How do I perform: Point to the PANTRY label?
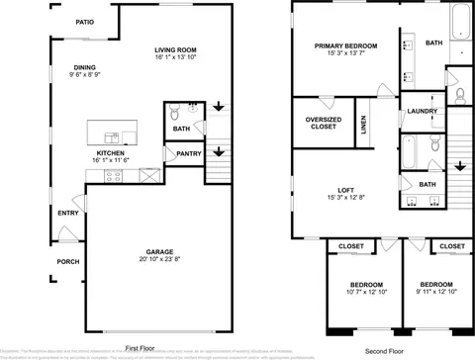click(x=189, y=153)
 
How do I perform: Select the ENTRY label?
click(x=68, y=213)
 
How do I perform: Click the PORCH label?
click(x=68, y=262)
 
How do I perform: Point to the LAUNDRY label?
click(x=423, y=112)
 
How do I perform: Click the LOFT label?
click(x=345, y=190)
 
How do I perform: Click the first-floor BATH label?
click(x=181, y=129)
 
